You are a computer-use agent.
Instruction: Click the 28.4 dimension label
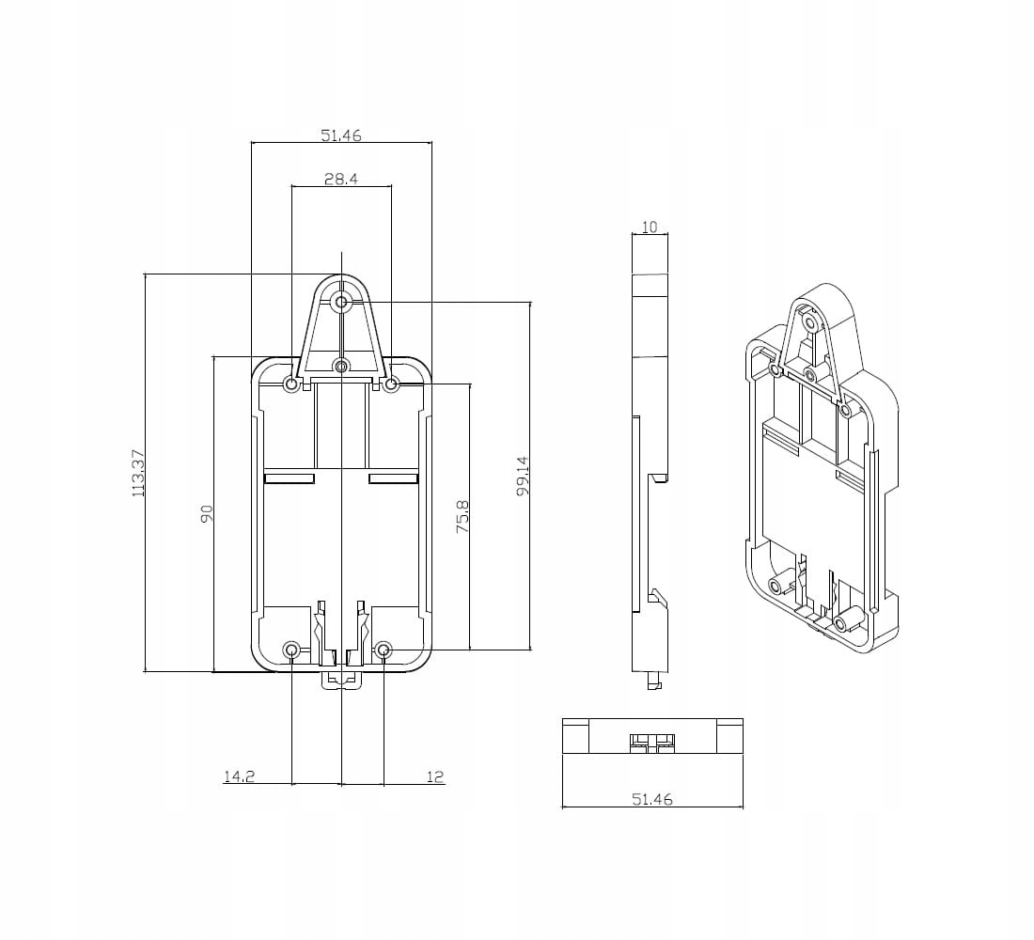click(x=340, y=179)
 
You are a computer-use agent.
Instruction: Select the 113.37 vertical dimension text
click(x=137, y=473)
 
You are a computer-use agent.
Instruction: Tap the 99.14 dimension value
click(x=523, y=476)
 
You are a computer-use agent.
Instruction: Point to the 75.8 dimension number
click(x=462, y=517)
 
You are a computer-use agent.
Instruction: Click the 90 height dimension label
click(x=207, y=513)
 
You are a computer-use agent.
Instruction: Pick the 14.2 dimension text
click(x=238, y=776)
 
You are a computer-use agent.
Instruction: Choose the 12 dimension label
click(x=435, y=776)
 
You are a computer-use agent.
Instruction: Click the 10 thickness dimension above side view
click(x=649, y=227)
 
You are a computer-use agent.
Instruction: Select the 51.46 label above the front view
click(x=340, y=135)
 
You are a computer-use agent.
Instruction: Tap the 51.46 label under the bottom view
click(x=651, y=800)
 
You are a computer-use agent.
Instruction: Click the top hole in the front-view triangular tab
click(x=341, y=302)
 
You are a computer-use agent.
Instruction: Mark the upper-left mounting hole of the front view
click(x=291, y=384)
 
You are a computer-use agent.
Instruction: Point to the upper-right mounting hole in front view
click(x=393, y=384)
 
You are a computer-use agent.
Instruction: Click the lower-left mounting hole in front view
click(x=291, y=650)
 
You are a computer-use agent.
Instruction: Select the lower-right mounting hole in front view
click(x=384, y=650)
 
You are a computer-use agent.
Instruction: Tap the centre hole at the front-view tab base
click(x=341, y=366)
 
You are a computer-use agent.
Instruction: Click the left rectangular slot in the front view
click(x=289, y=479)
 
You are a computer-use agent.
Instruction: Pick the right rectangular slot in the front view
click(x=393, y=479)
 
